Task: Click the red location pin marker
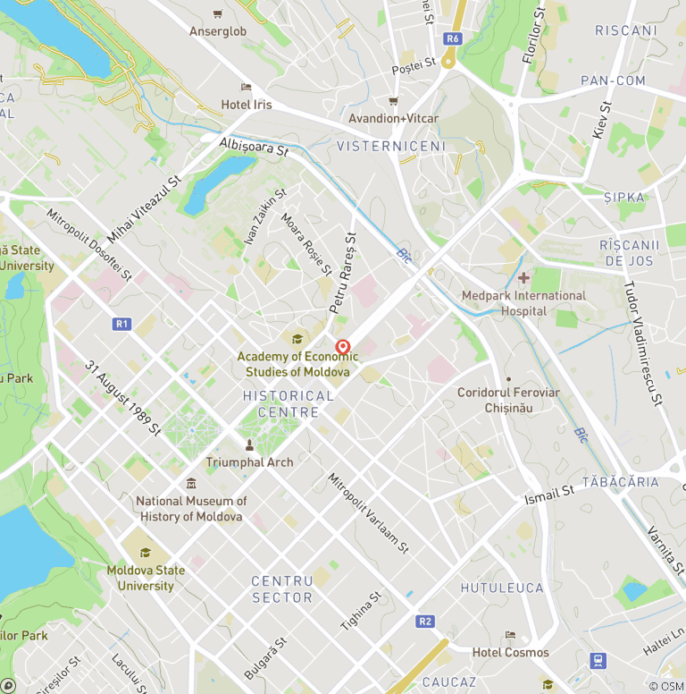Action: pos(342,347)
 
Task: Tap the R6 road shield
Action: pos(453,38)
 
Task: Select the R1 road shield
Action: pos(122,324)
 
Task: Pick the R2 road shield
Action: pos(425,621)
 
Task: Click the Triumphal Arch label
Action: pos(249,462)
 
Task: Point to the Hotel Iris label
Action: pos(247,105)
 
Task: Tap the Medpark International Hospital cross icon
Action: pos(523,278)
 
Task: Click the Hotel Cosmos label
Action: pos(510,653)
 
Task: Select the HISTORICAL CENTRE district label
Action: pos(288,404)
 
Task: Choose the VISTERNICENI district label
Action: pos(390,146)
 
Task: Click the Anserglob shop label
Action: pos(218,31)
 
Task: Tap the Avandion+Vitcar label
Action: pos(393,119)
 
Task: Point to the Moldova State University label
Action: pos(146,578)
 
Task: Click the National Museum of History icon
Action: pos(191,484)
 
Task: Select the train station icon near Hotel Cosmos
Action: pos(598,661)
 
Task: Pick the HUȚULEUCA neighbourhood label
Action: pos(502,588)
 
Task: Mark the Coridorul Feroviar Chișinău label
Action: pos(508,400)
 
